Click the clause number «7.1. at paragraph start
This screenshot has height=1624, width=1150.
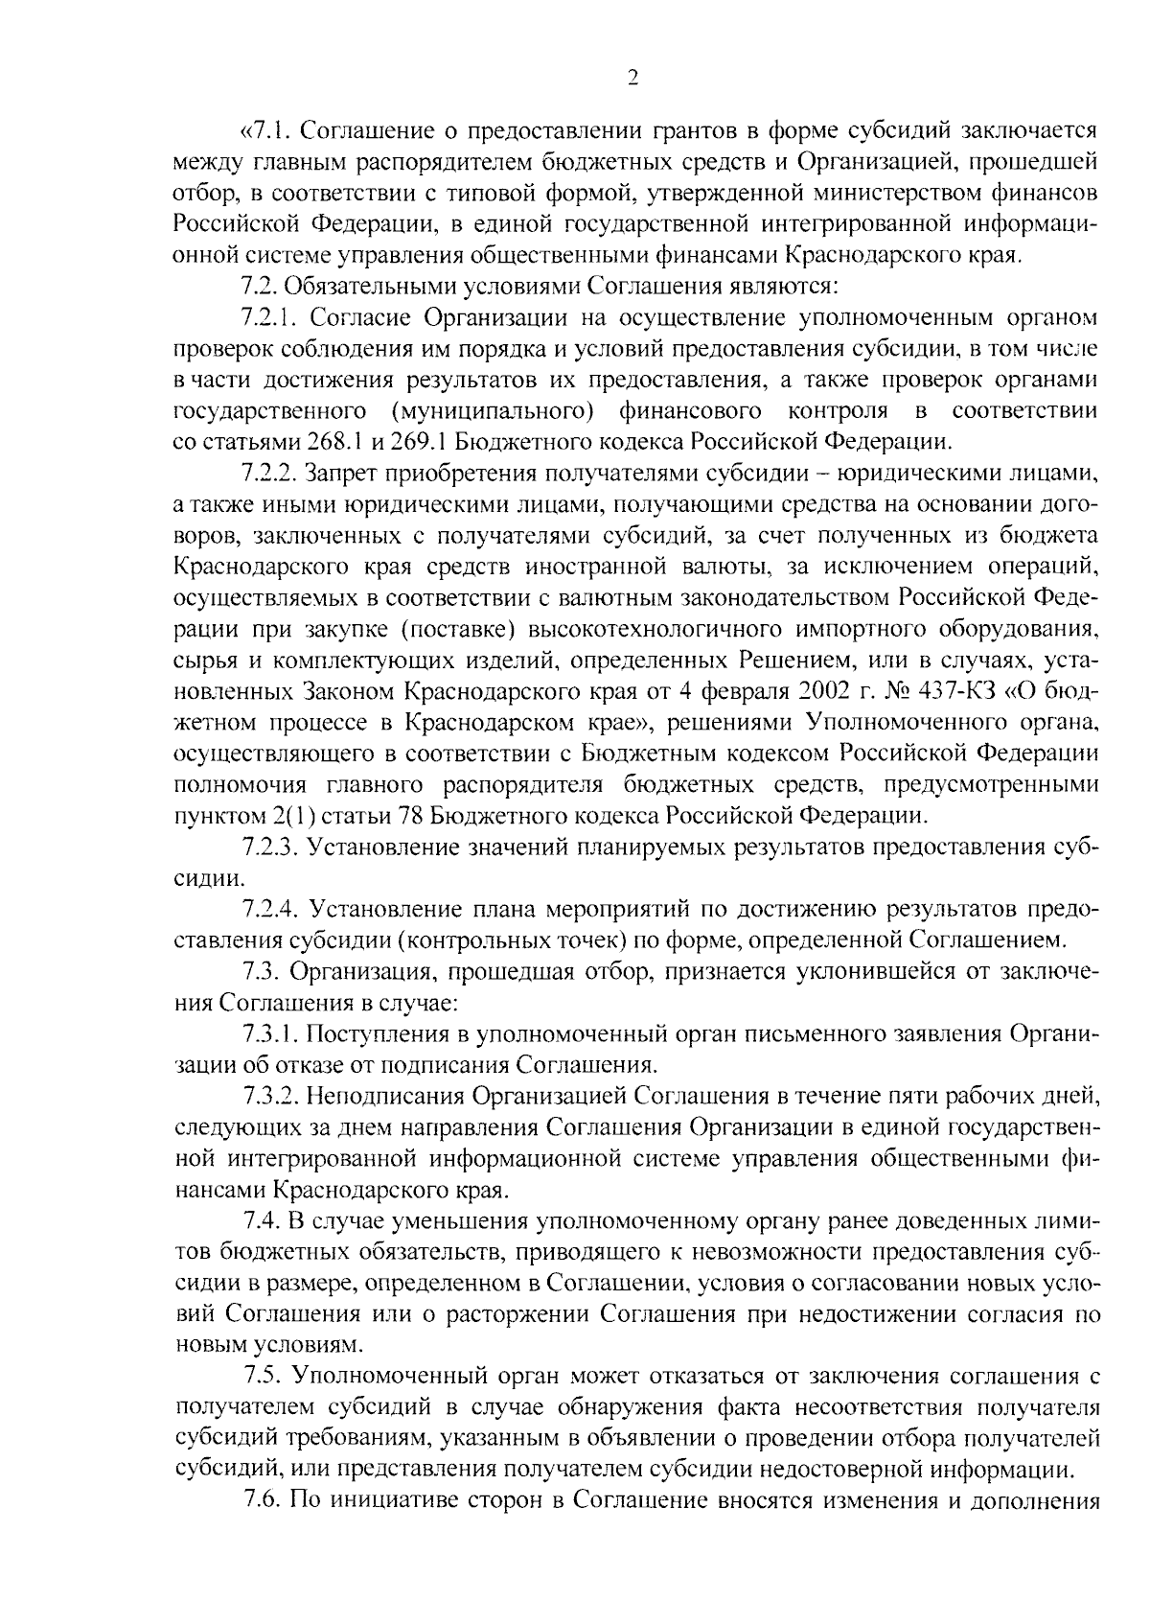coord(264,129)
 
